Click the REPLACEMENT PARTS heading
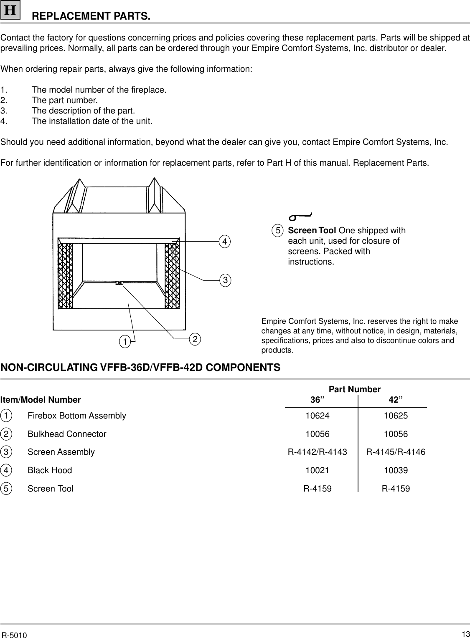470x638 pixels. point(91,17)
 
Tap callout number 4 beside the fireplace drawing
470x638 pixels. point(225,241)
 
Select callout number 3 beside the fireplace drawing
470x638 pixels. point(225,280)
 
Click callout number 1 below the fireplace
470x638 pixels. point(124,342)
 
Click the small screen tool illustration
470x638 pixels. point(300,217)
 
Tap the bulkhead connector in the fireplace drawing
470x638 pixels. point(119,283)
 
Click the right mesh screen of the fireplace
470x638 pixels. point(172,275)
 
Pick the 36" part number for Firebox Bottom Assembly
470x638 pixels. point(317,416)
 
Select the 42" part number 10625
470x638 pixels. point(396,416)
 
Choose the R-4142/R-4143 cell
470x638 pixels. point(317,452)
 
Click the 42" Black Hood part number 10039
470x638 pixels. point(396,470)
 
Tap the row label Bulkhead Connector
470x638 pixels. point(67,434)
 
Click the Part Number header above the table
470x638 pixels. point(355,389)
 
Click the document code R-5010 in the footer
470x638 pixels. point(14,635)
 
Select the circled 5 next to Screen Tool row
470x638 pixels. point(6,489)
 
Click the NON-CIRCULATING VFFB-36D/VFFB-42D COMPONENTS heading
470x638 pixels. point(140,368)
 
